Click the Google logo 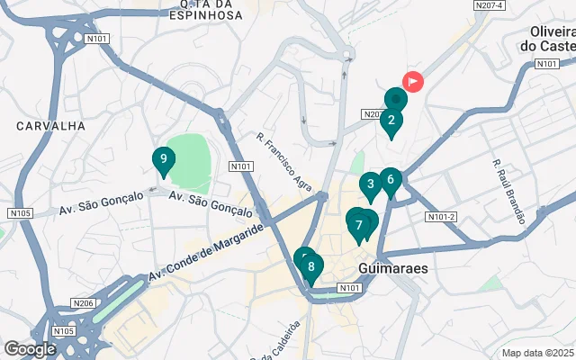(x=30, y=349)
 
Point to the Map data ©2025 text (x=537, y=353)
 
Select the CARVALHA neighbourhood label (x=50, y=127)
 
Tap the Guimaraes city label (x=392, y=268)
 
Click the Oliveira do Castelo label (x=552, y=38)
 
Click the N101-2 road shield (x=442, y=217)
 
